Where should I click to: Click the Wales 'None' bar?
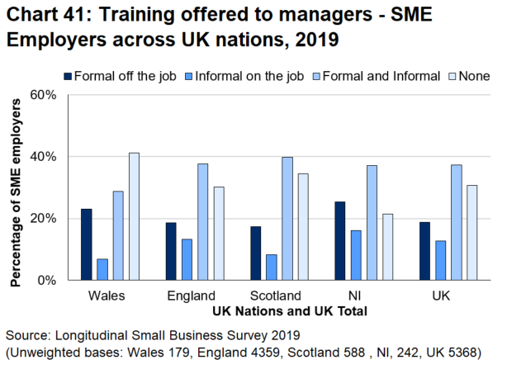[134, 216]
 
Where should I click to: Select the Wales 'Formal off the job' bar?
[86, 244]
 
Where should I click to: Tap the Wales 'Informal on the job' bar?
[102, 269]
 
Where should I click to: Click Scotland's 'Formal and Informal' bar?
[287, 219]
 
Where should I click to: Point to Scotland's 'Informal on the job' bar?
[271, 267]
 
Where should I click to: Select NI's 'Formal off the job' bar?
[339, 241]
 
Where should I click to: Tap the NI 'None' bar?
[387, 247]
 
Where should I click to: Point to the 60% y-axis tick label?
[42, 95]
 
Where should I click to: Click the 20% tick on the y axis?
[42, 219]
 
